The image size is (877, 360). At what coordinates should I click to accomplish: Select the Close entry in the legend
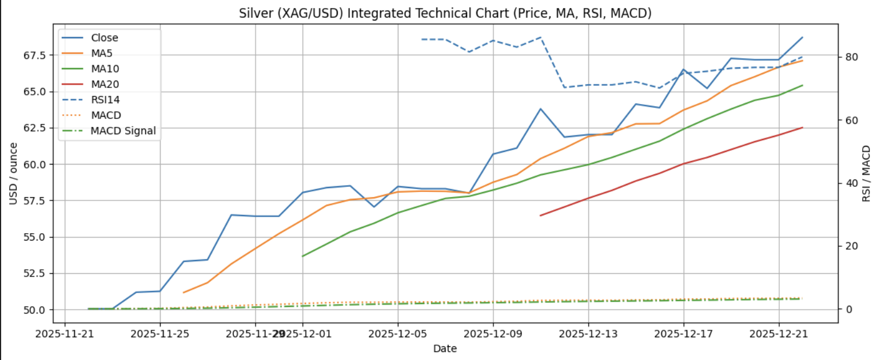tap(104, 38)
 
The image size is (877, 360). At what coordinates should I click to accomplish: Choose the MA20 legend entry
tap(105, 85)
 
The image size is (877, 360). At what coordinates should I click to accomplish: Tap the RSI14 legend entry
tap(105, 100)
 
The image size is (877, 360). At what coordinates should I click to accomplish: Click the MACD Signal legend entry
tap(123, 131)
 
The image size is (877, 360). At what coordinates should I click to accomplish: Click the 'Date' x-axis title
tap(444, 348)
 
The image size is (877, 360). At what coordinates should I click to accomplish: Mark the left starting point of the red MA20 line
tap(540, 215)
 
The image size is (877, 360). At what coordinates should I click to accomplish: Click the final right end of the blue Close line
tap(803, 37)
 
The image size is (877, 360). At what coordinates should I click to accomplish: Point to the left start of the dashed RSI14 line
tap(421, 39)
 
